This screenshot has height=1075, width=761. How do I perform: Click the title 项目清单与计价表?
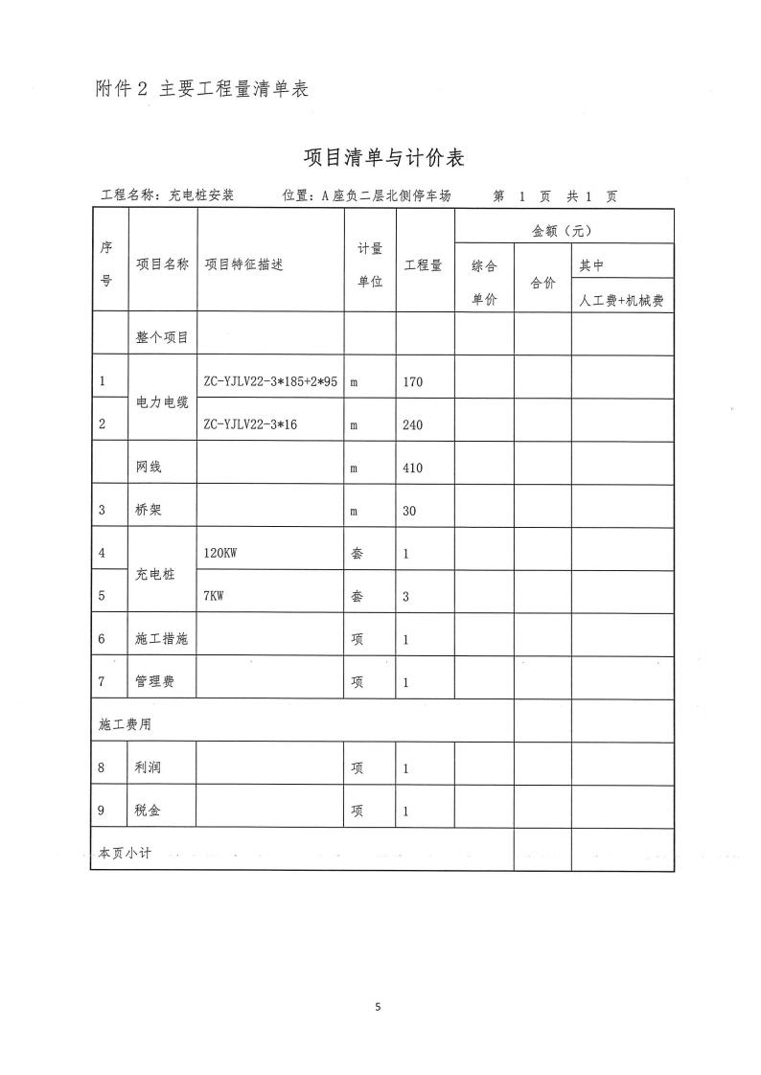(x=383, y=157)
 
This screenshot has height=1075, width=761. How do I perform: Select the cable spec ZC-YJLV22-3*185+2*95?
(x=270, y=381)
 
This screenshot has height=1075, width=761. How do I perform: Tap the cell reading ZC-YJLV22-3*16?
(x=251, y=423)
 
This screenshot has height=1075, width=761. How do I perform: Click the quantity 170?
(x=413, y=382)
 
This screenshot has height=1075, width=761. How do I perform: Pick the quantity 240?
(x=413, y=424)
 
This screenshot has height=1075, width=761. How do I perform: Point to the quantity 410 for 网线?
(x=413, y=469)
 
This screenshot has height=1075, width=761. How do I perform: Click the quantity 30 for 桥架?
(x=409, y=511)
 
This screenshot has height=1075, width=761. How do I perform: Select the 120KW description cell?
(x=219, y=553)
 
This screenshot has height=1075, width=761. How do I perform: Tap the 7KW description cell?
(x=214, y=596)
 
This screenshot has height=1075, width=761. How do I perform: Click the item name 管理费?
(x=155, y=682)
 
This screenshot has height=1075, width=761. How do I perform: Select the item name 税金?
(x=149, y=811)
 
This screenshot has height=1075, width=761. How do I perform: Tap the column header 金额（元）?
(x=564, y=231)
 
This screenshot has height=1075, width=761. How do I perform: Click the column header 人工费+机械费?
(x=622, y=300)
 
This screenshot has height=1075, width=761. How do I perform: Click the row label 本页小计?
(x=126, y=853)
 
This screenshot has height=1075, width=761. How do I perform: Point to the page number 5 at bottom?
(x=379, y=1006)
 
